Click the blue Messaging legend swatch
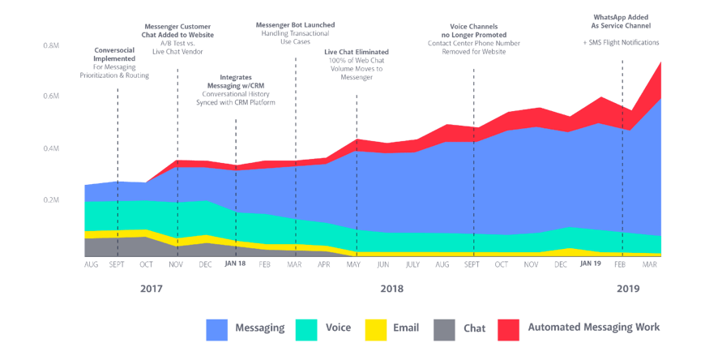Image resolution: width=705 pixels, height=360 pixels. click(216, 328)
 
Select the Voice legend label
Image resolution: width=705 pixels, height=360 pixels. click(338, 328)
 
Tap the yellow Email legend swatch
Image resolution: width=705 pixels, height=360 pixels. click(374, 328)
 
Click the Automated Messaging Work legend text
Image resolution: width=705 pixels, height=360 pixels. click(593, 328)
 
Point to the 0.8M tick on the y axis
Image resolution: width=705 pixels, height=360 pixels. click(51, 45)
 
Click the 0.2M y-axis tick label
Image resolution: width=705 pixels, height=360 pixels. click(51, 199)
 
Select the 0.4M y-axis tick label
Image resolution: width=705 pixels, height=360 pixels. click(51, 148)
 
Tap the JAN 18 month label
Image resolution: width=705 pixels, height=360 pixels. click(235, 264)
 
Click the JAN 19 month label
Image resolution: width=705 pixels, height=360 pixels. click(591, 264)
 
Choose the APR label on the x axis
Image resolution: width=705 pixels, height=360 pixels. click(324, 264)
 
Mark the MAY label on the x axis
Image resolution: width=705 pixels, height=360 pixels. click(354, 264)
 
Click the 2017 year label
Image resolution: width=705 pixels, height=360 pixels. click(151, 288)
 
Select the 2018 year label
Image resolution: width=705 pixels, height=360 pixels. click(391, 288)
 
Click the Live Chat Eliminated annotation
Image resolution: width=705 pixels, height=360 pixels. click(356, 64)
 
